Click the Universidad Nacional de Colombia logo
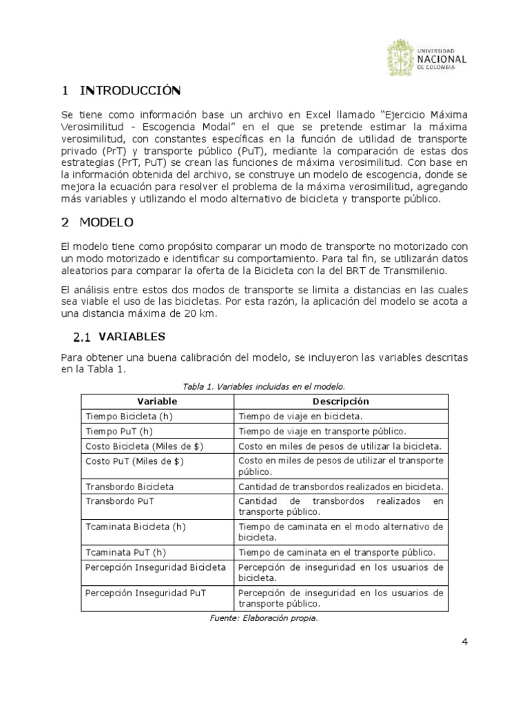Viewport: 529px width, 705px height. tap(426, 59)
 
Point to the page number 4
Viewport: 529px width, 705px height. tap(464, 642)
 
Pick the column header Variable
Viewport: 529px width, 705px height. tap(157, 401)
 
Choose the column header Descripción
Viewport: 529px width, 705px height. tap(340, 401)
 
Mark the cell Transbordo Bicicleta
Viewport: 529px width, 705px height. tap(129, 487)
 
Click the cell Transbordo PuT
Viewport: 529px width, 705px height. tap(119, 502)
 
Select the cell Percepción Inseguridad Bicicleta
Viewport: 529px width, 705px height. tap(156, 567)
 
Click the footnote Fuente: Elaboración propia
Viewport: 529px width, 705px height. tap(264, 618)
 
